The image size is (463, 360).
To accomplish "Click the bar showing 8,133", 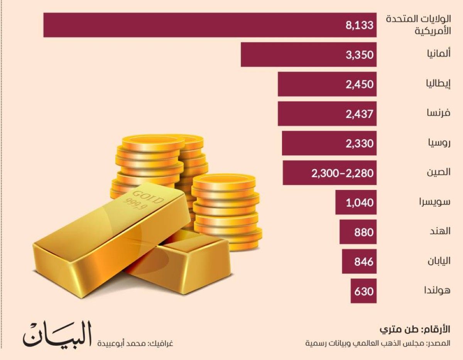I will tap(210, 25).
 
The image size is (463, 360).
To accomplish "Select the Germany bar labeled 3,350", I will tap(308, 54).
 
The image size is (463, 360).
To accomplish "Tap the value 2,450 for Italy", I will tap(360, 84).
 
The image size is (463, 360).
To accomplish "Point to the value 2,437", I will tap(360, 114).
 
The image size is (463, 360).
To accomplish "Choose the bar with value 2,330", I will tap(329, 143).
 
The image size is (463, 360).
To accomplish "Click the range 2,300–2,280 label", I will tap(343, 173).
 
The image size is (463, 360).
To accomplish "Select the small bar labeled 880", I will tap(358, 232).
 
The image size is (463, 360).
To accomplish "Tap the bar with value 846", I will tap(359, 262).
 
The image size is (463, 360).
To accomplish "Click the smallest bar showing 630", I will tap(363, 291).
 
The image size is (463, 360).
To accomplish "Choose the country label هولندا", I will tap(436, 291).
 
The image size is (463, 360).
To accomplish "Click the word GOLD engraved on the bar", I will tap(147, 195).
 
